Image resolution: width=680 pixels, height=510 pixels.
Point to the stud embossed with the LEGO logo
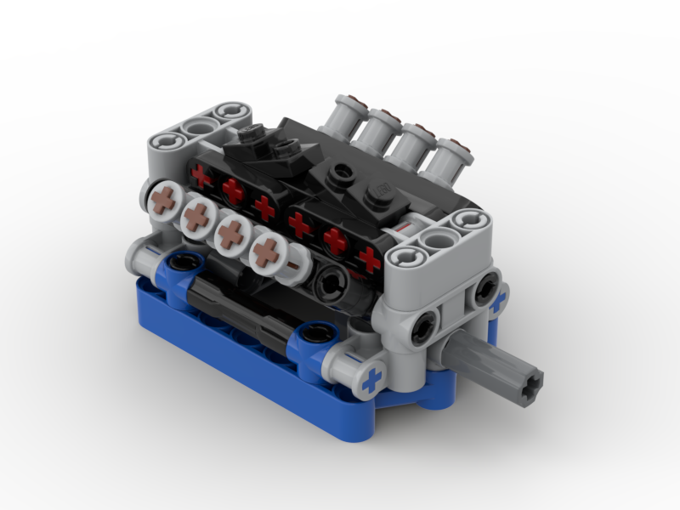click(x=382, y=188)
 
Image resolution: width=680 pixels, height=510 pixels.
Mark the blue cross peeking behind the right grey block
click(x=499, y=299)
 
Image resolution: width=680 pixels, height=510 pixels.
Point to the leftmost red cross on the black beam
click(x=201, y=176)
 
